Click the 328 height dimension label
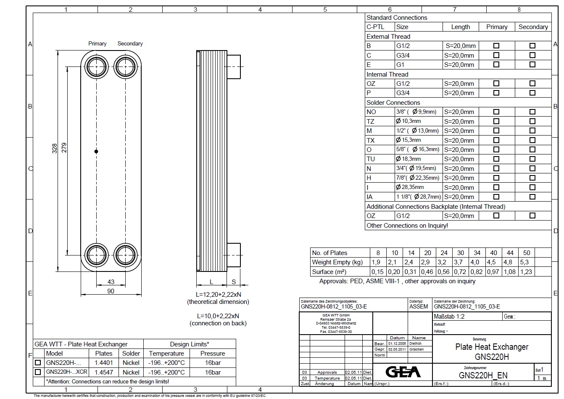pyautogui.click(x=54, y=148)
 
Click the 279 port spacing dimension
pyautogui.click(x=64, y=148)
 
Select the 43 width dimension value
pyautogui.click(x=111, y=282)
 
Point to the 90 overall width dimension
pyautogui.click(x=111, y=291)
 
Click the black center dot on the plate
pyautogui.click(x=96, y=151)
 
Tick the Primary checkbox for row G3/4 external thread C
pyautogui.click(x=496, y=55)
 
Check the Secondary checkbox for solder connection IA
pyautogui.click(x=532, y=197)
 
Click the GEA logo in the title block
pyautogui.click(x=403, y=372)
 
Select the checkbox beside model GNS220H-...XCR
pyautogui.click(x=38, y=372)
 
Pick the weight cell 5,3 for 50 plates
pyautogui.click(x=524, y=262)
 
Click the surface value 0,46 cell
pyautogui.click(x=427, y=272)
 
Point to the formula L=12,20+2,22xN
pyautogui.click(x=218, y=294)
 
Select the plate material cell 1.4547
pyautogui.click(x=103, y=372)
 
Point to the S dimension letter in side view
pyautogui.click(x=234, y=282)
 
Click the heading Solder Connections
pyautogui.click(x=393, y=102)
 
